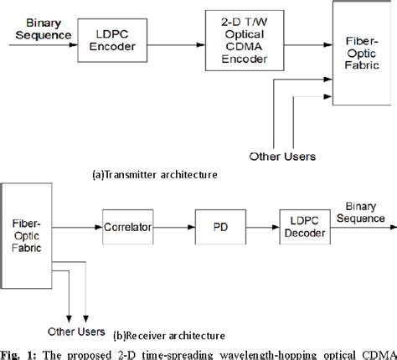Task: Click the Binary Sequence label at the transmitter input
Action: (x=31, y=28)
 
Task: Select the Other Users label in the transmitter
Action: (x=282, y=156)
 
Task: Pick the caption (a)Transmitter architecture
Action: (x=155, y=175)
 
